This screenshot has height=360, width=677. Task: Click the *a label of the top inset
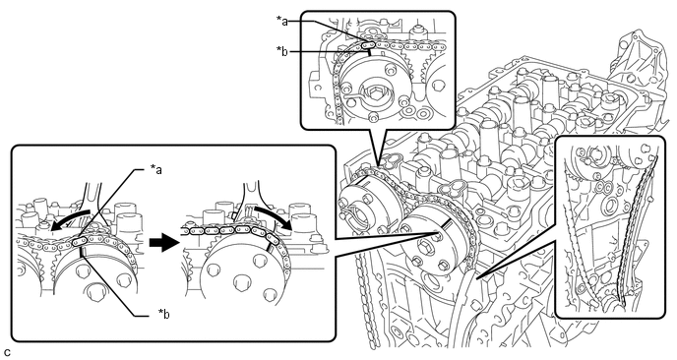282,21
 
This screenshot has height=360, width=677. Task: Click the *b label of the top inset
282,51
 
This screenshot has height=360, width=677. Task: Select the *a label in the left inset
155,169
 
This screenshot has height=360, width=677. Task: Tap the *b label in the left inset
163,314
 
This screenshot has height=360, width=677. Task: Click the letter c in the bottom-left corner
7,353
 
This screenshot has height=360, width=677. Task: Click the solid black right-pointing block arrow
163,243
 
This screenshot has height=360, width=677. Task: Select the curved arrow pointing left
71,219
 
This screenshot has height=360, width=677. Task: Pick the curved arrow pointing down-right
272,216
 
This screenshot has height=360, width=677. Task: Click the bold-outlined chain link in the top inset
368,43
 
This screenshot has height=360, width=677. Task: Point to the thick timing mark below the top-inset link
370,52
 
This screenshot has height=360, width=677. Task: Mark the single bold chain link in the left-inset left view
80,242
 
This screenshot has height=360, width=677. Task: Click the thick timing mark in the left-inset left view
82,252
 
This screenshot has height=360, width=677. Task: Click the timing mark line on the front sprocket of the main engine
446,225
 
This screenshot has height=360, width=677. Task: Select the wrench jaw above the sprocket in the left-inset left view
92,202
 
